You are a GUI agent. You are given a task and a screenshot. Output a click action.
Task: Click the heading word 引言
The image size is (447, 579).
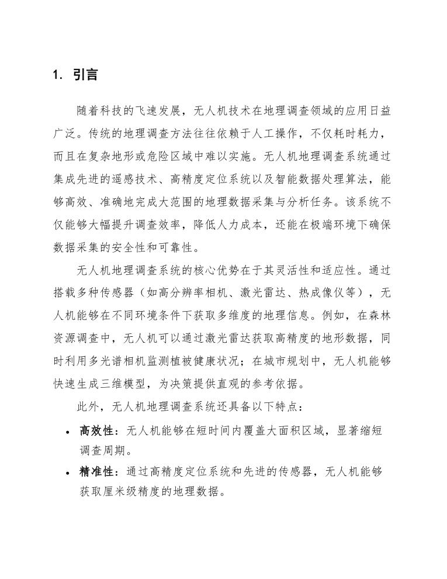[85, 75]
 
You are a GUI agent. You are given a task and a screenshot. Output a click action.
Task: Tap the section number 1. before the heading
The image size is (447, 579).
[57, 75]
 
